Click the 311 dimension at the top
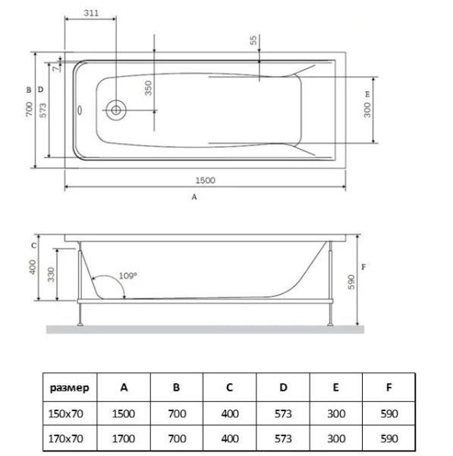pos(90,14)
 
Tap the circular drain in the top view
pos(116,109)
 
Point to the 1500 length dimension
pos(205,180)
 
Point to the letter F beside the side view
pos(365,268)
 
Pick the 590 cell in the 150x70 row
pos(389,413)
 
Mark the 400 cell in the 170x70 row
pos(229,439)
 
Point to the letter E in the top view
pos(367,93)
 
